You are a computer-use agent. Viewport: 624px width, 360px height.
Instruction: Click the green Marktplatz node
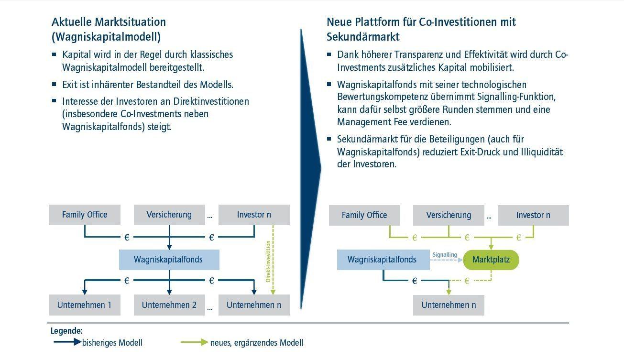pos(491,260)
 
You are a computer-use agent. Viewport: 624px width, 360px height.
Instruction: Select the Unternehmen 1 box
pos(84,305)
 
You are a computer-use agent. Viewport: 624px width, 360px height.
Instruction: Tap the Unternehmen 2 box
pos(169,305)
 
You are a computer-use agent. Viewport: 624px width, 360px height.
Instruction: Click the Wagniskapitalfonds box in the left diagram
pos(168,260)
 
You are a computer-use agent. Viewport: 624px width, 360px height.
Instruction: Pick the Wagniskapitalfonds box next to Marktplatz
pos(383,260)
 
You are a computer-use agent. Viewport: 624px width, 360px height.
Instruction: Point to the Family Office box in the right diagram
pos(364,215)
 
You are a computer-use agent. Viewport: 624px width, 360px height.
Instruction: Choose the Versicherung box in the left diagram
pos(169,215)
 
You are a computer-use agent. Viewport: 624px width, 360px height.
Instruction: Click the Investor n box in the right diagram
pos(533,215)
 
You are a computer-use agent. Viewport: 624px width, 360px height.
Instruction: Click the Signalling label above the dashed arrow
pos(444,255)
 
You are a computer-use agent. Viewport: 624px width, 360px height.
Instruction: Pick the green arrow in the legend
pos(195,342)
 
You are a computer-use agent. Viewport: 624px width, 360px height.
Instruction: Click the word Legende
pos(66,331)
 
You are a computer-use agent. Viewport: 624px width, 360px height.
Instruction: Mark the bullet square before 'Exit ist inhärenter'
pos(55,85)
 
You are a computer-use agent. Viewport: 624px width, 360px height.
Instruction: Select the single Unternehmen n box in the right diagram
pos(449,305)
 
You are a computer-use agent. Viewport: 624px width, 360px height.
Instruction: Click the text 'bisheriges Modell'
pos(112,343)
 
